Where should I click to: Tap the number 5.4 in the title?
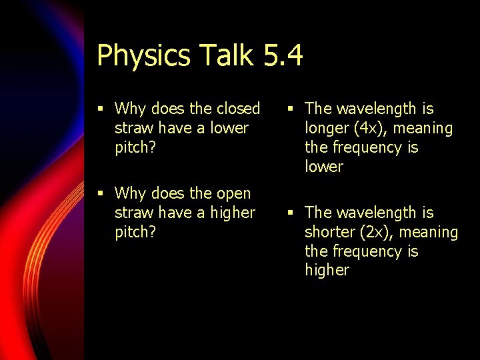tap(283, 55)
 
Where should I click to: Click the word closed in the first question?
tap(237, 108)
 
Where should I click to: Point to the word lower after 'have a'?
tap(229, 127)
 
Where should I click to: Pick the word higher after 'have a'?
tap(233, 213)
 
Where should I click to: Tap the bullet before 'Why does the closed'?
tap(100, 109)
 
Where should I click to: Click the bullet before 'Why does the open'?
tap(100, 194)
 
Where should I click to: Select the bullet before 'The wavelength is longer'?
tap(291, 109)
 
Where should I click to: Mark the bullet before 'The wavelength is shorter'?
tap(291, 213)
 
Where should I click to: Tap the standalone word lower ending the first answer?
tap(323, 167)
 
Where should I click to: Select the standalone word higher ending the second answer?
tap(327, 271)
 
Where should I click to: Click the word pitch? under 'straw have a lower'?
tap(135, 148)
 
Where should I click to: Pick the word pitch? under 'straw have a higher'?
tap(135, 233)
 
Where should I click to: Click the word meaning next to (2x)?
tap(425, 233)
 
